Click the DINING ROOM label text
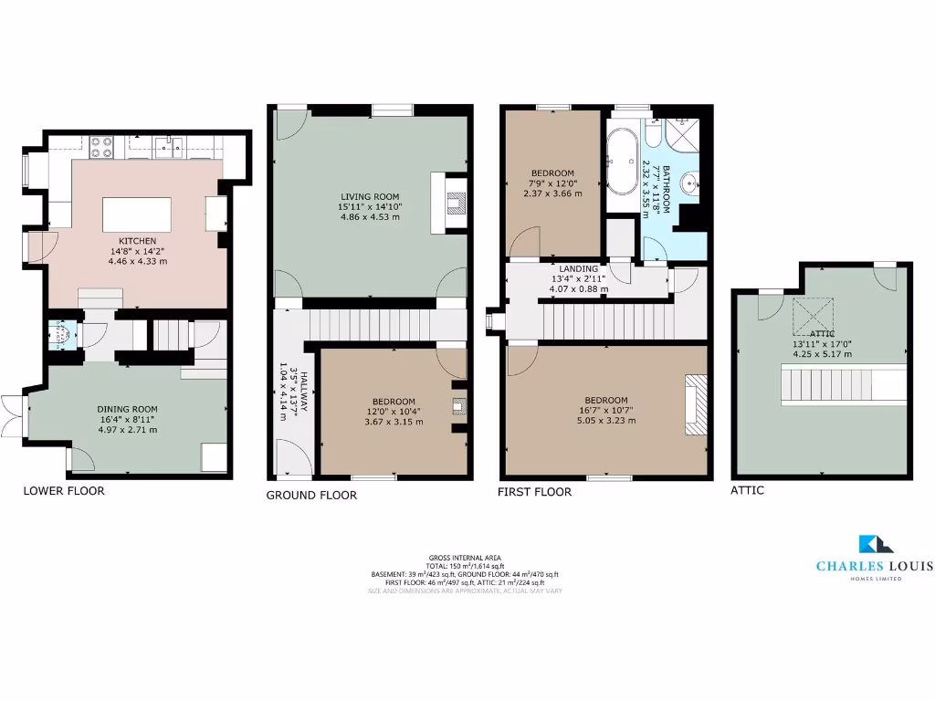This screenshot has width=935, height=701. tap(127, 409)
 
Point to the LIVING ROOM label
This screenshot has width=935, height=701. tap(370, 197)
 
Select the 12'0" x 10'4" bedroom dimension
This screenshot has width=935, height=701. tap(393, 412)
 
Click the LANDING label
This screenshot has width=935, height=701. tap(579, 269)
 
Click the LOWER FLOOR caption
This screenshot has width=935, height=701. tap(63, 491)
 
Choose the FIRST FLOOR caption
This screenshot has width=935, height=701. tap(534, 492)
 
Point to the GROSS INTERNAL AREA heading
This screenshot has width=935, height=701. tap(465, 557)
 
